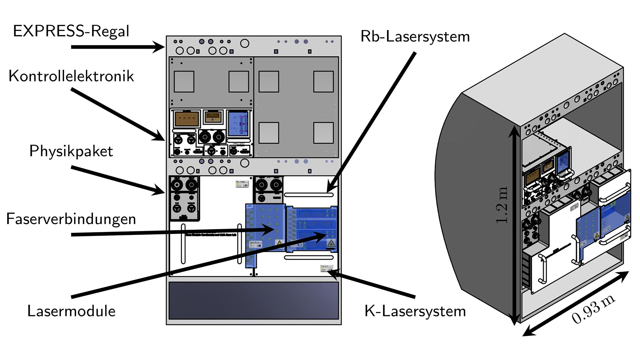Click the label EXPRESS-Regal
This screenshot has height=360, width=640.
click(71, 31)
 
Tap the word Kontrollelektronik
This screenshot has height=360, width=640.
click(71, 76)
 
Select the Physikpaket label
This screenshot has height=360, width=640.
click(71, 151)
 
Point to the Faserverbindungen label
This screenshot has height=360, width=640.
click(71, 219)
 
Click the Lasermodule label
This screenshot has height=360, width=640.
click(71, 311)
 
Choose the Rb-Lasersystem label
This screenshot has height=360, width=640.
click(415, 36)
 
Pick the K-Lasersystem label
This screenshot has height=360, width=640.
click(415, 311)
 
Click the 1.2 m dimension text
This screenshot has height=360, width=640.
click(502, 205)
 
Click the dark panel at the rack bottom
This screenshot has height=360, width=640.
click(254, 300)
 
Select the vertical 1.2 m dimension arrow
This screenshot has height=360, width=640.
click(514, 227)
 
